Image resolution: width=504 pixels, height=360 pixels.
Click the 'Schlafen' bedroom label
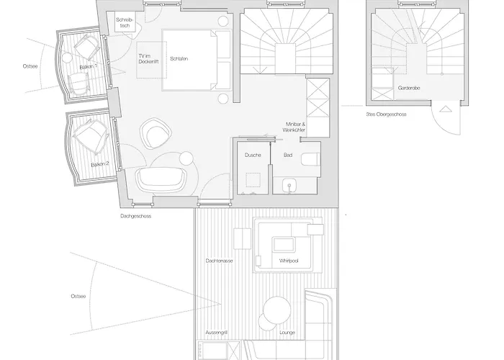[179, 59]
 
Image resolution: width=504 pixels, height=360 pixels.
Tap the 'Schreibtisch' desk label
[125, 22]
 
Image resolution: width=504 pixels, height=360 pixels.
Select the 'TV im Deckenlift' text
[148, 59]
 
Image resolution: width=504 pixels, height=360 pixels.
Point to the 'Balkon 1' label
[88, 66]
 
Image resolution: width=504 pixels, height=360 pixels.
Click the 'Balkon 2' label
[100, 164]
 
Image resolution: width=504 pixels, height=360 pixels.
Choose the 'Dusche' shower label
[253, 155]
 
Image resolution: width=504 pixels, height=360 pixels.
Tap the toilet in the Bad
[310, 159]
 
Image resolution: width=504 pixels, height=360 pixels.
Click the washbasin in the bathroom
[289, 186]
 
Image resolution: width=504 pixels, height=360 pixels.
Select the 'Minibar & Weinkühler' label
[294, 127]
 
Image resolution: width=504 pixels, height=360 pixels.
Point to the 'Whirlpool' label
[289, 261]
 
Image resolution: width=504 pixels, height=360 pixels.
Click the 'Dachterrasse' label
[219, 261]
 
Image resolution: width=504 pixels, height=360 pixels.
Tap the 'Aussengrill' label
[217, 333]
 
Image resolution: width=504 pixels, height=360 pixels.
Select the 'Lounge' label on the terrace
[287, 333]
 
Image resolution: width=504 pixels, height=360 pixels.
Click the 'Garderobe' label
[409, 88]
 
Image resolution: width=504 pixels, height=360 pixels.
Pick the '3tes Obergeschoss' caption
[386, 114]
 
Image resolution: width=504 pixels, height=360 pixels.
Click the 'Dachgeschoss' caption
[135, 216]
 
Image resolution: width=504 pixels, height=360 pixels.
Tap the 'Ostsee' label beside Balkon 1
[30, 66]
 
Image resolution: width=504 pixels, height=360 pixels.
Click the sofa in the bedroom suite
[162, 179]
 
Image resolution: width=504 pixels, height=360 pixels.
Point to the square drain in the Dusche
[253, 180]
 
